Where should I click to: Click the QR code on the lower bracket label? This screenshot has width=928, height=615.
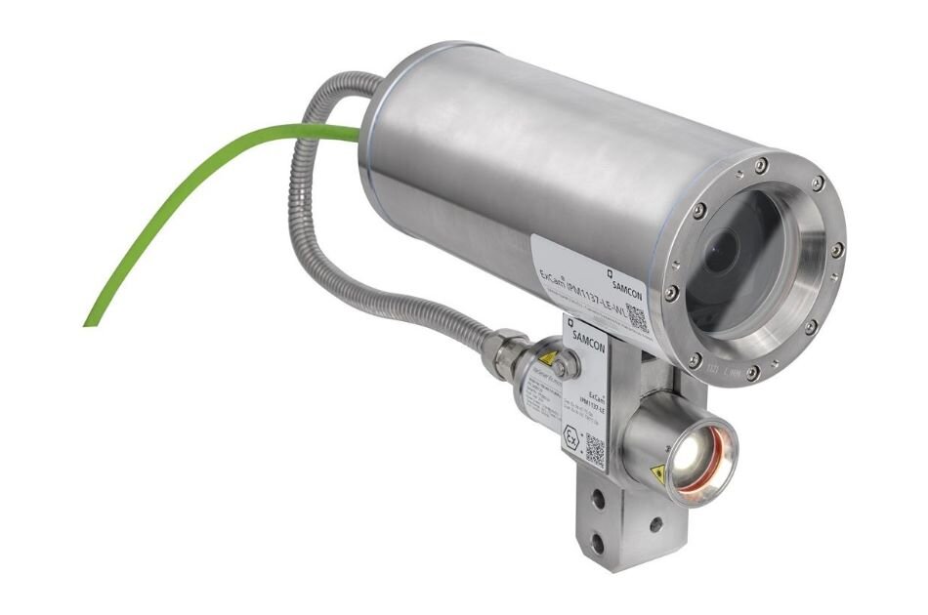[595, 450]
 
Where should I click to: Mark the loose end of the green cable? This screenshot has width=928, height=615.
[88, 321]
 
